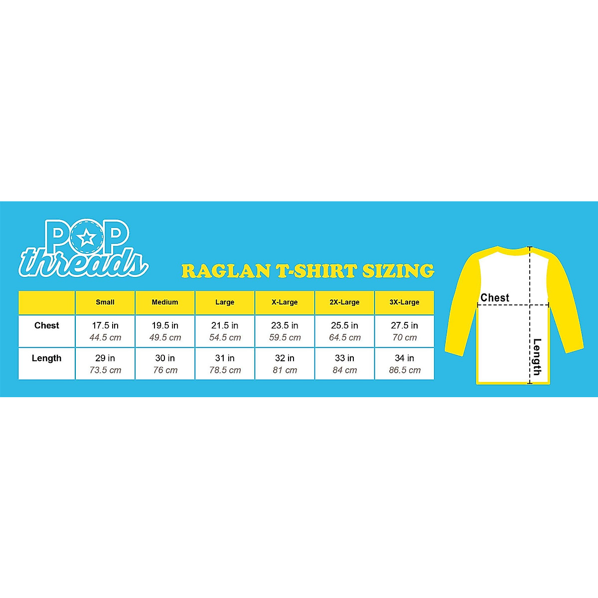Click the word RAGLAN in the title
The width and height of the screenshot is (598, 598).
tap(226, 271)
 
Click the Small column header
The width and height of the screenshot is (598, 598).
tap(105, 302)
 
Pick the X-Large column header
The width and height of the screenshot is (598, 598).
tap(285, 302)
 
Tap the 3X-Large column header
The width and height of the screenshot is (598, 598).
tap(404, 302)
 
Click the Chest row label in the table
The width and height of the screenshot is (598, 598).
tap(47, 325)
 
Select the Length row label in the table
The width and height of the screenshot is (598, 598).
tap(46, 358)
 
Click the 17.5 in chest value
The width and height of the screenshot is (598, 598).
tap(105, 325)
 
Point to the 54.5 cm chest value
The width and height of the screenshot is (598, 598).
tap(225, 337)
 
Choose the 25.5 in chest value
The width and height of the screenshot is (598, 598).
tap(344, 325)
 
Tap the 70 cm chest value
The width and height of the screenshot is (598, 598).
tap(404, 337)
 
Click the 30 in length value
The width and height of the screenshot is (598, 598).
tap(165, 358)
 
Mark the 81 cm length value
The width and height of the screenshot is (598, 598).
tap(285, 370)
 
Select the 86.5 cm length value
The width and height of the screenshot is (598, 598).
tap(404, 370)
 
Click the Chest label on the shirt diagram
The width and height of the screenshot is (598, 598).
tap(495, 298)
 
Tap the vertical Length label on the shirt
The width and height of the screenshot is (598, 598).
tap(537, 356)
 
